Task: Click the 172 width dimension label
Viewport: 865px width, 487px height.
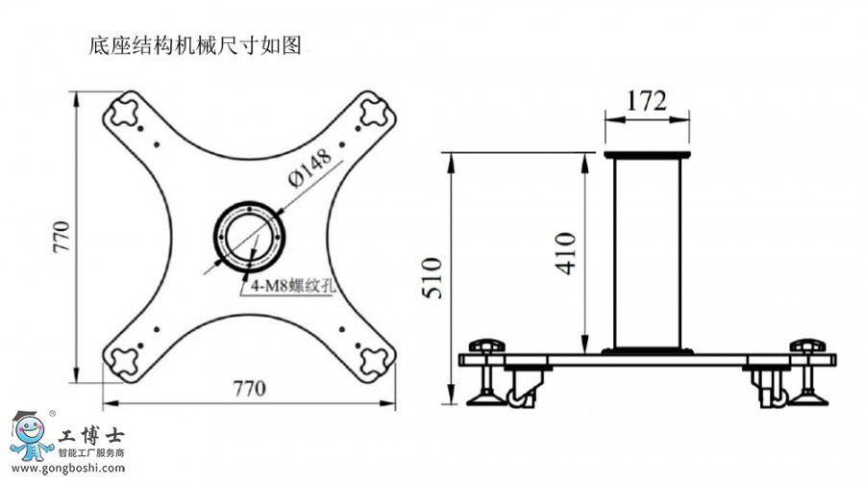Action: point(647,100)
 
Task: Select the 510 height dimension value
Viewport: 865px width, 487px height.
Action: point(433,278)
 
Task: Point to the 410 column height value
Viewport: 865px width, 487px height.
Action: point(566,253)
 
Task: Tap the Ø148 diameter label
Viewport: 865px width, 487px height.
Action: point(310,167)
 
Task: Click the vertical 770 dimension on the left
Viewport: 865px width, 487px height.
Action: point(62,237)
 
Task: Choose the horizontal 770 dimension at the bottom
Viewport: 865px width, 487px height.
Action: point(249,389)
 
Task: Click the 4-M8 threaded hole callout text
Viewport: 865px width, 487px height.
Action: point(293,286)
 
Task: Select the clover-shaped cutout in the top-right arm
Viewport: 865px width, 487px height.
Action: point(374,112)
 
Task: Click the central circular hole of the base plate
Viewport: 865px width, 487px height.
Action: point(249,237)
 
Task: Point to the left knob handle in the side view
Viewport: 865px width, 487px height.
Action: point(487,346)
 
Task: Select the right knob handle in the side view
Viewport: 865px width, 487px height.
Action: point(807,346)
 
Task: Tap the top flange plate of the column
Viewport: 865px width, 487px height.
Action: point(647,155)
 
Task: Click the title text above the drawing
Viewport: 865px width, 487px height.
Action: point(195,45)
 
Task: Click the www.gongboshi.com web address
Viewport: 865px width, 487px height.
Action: point(68,468)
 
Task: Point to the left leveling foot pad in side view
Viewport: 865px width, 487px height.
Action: point(486,398)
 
